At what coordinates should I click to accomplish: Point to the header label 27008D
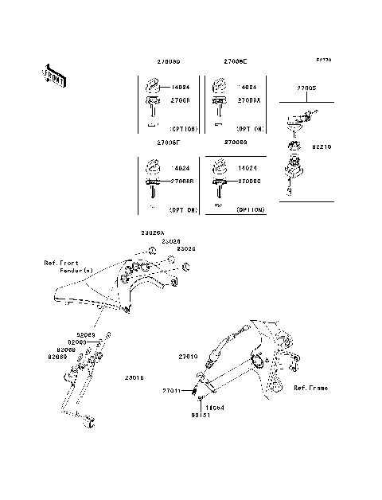coord(168,61)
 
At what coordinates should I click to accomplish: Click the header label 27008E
coord(236,61)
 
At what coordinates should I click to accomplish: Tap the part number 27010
coord(188,360)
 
